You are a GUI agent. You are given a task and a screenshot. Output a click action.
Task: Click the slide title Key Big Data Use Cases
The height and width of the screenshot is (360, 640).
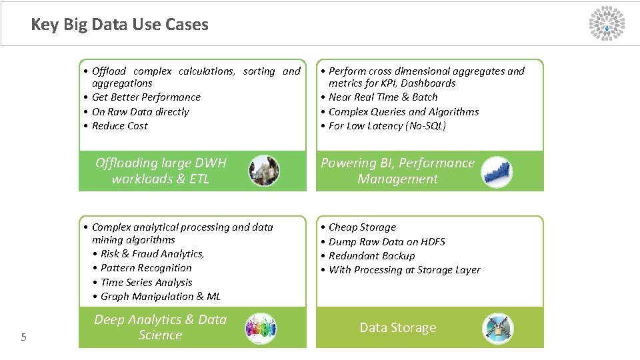pos(119,25)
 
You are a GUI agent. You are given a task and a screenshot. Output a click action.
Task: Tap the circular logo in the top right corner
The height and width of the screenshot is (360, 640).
pos(607,23)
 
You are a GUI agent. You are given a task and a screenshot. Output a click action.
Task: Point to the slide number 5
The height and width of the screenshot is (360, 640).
pos(23,337)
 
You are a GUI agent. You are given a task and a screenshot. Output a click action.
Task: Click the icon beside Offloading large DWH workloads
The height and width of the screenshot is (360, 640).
pos(264,171)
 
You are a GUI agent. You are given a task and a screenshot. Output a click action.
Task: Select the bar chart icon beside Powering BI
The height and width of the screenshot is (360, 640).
pos(497,171)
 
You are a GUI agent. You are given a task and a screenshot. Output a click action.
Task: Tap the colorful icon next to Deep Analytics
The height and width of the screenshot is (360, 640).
pos(261,328)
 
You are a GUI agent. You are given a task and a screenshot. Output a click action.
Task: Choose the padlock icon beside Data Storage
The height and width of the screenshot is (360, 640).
pos(498,328)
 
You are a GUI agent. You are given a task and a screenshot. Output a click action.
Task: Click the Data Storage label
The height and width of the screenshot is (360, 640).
pos(397,327)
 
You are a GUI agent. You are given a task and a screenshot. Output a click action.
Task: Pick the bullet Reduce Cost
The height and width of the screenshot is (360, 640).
pos(119,126)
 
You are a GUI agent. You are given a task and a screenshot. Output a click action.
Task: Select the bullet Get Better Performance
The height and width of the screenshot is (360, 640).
pos(146,97)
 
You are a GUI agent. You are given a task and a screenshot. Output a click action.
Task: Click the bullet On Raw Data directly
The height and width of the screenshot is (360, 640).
pos(140,112)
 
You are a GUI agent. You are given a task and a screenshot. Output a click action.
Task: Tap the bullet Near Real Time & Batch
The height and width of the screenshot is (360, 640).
pos(383,97)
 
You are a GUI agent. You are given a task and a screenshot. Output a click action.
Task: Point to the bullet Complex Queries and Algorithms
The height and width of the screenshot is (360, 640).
pos(403,112)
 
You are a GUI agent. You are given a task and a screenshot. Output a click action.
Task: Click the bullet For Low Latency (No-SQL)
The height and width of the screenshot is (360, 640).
pos(387,126)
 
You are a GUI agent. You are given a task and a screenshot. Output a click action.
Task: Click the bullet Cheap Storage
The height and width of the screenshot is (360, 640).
pos(362,227)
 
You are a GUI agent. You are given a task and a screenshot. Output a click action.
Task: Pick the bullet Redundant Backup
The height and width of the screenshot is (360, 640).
pos(371,256)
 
